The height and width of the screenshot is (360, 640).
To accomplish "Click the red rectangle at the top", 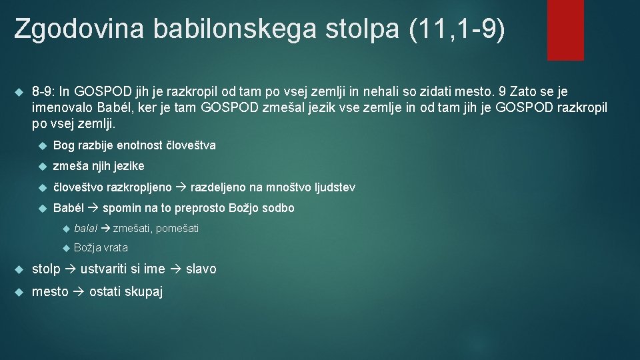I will click(x=565, y=29).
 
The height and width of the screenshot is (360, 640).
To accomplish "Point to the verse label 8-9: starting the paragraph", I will click(x=46, y=91).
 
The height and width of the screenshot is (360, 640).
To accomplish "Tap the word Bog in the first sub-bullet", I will click(x=64, y=145).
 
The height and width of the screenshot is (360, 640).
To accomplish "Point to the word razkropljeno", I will click(x=141, y=187).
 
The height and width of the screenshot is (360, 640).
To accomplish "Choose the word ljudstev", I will click(x=332, y=187).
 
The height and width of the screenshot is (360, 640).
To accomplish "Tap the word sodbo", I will click(x=278, y=208).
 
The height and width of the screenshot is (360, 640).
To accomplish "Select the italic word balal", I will click(x=85, y=229).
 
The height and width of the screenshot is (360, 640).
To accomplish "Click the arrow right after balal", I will click(x=105, y=229).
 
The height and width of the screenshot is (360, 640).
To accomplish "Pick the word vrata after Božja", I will click(x=115, y=248).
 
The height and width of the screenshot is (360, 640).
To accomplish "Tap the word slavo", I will click(x=201, y=269).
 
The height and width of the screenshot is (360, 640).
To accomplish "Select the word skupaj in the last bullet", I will click(x=144, y=291).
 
